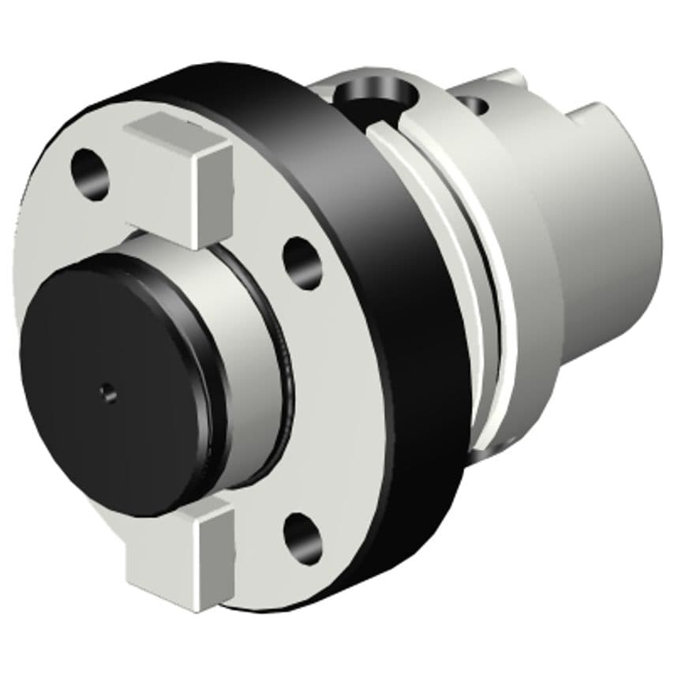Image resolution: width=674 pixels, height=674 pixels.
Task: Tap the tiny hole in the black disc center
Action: click(107, 388)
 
